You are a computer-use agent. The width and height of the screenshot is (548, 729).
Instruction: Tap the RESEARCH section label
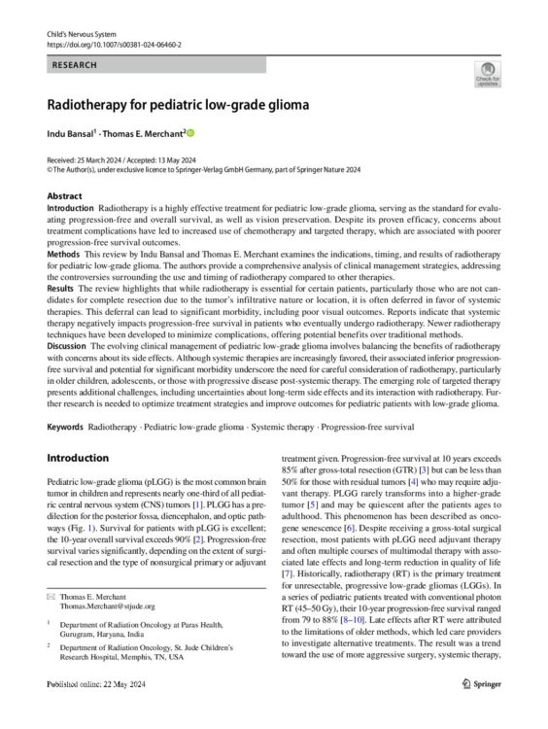72,63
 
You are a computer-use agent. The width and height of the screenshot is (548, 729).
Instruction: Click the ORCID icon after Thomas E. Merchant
190,132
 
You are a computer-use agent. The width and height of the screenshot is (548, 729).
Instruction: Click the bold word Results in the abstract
61,291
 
